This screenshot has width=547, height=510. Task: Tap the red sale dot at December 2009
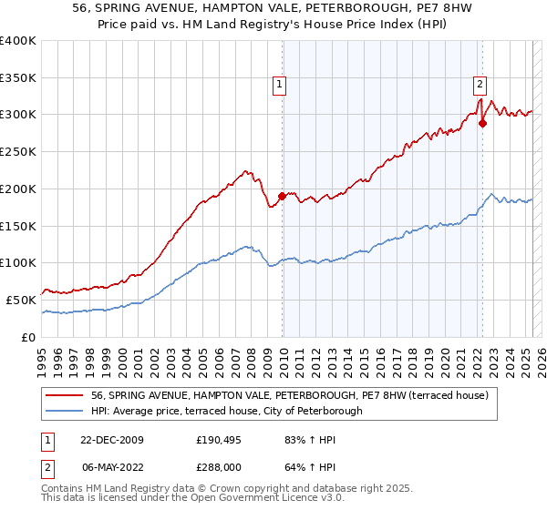click(283, 195)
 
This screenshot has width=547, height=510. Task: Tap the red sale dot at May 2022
click(483, 123)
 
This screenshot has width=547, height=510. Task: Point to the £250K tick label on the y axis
click(18, 152)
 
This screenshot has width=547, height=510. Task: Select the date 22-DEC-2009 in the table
click(105, 440)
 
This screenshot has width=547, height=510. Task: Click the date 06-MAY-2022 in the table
click(105, 467)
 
